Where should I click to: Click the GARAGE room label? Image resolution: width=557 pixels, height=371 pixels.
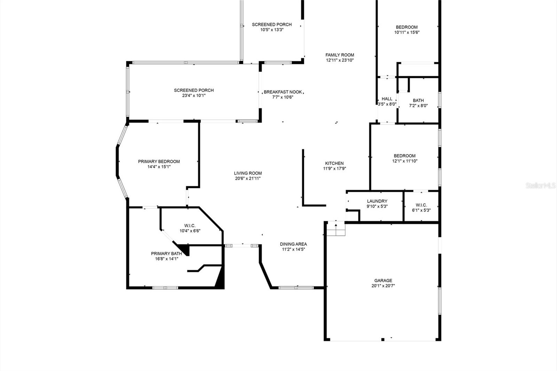383,281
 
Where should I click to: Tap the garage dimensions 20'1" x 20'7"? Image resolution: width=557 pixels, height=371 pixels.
383,286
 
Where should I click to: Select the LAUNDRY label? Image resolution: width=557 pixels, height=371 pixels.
377,201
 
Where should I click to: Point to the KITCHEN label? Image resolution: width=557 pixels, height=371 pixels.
334,163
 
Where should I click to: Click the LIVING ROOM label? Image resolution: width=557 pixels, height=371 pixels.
248,173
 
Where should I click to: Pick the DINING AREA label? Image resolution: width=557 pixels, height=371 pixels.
293,244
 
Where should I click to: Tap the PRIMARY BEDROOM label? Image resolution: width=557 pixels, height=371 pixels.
159,161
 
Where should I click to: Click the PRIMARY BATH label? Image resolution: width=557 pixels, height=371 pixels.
166,254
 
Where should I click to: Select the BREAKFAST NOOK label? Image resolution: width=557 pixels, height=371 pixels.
282,92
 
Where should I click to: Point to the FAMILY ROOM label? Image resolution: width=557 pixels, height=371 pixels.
340,55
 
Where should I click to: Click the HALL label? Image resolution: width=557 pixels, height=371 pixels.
387,99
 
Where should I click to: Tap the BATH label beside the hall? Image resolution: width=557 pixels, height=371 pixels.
418,101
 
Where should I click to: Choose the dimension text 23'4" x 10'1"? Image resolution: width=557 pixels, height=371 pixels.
194,96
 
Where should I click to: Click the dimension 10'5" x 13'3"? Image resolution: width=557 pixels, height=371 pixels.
272,30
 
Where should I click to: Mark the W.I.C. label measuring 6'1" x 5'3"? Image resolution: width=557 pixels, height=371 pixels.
421,205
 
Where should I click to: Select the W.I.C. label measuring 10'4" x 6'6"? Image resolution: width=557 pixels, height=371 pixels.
190,226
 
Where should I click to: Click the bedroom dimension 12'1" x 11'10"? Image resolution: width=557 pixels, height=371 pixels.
405,161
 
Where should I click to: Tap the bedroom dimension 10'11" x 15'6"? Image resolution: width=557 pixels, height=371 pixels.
407,32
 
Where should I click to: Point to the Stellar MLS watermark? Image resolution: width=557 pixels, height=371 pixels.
541,186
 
